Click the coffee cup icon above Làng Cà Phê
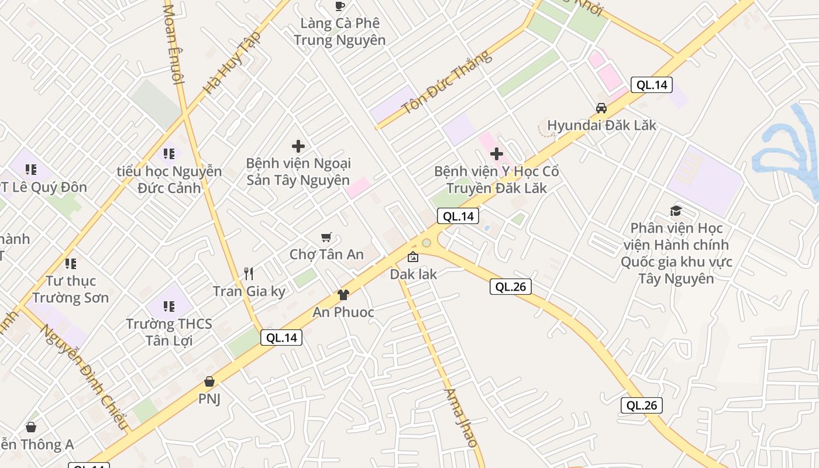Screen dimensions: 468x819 (x=340, y=6)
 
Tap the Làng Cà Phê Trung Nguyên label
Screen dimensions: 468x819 (x=339, y=32)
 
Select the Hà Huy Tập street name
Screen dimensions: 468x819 (x=232, y=63)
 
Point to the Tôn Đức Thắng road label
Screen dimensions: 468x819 (x=447, y=83)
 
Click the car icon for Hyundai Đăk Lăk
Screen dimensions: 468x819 (x=601, y=108)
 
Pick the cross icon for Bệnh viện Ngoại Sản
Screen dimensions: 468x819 (x=298, y=146)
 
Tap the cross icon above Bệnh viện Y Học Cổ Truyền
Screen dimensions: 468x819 (x=497, y=154)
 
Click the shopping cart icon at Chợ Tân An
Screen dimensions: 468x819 (x=326, y=238)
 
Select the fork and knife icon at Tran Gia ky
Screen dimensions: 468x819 (x=249, y=273)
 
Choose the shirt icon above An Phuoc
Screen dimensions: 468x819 (x=343, y=294)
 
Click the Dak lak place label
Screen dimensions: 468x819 (x=414, y=274)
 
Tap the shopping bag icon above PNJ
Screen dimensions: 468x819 (x=209, y=381)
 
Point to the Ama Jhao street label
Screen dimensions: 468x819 (x=461, y=418)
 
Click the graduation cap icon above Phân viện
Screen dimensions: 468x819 (x=676, y=211)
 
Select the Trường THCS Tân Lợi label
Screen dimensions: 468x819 (x=169, y=332)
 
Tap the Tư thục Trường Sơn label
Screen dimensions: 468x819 (x=71, y=289)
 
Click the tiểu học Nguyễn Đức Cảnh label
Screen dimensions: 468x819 (x=169, y=180)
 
